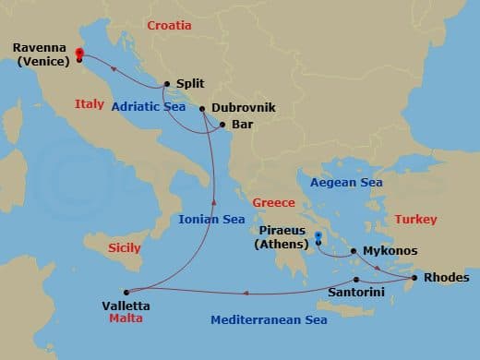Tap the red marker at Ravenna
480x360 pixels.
79,54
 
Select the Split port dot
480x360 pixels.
167,82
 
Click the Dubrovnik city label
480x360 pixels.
243,107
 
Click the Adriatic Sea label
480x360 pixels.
148,107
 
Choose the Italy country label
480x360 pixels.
90,104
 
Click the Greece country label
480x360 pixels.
273,203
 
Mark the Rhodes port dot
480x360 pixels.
414,278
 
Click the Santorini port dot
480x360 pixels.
356,279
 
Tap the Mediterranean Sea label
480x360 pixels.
269,320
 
